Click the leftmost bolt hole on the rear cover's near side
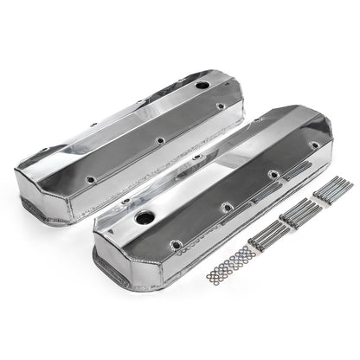point(89,180)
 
